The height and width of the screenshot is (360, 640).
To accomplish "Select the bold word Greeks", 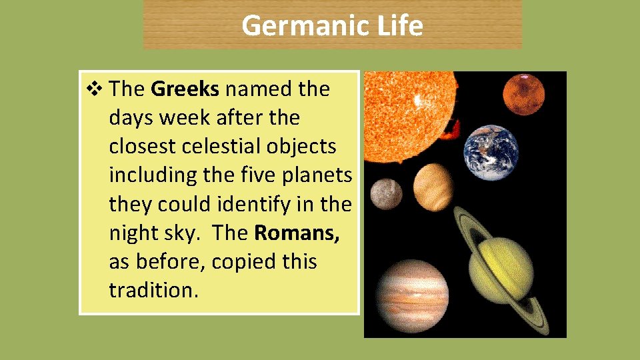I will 185,89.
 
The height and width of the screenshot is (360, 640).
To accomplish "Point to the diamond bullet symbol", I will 93,89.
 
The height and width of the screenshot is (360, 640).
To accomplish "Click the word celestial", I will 219,146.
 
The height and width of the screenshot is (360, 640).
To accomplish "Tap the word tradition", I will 154,290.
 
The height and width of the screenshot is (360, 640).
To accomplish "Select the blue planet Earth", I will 491,153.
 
